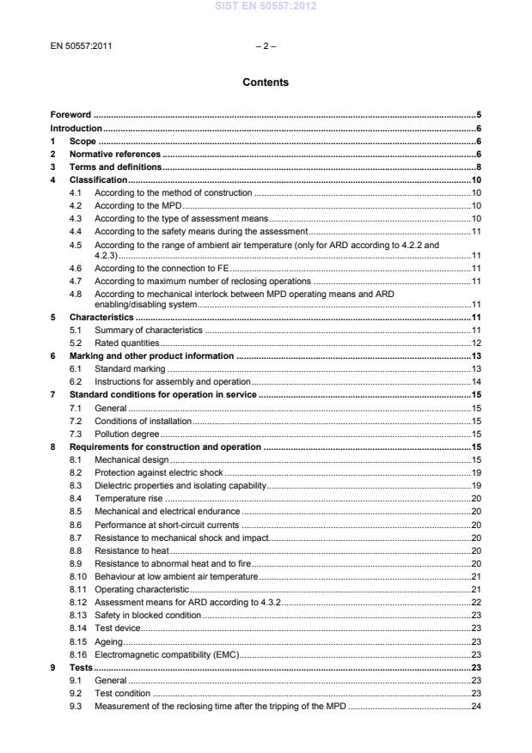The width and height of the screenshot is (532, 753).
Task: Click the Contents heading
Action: pyautogui.click(x=266, y=82)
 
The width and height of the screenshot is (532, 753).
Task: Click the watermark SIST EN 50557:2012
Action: pyautogui.click(x=266, y=6)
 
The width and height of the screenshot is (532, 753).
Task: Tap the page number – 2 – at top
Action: pyautogui.click(x=266, y=46)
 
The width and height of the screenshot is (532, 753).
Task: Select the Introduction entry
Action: pyautogui.click(x=76, y=127)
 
